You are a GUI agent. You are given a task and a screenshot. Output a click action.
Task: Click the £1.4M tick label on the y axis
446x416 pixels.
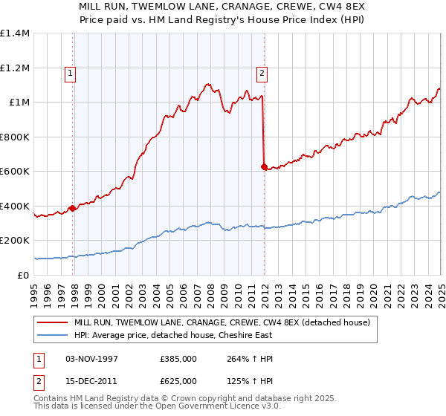pos(15,33)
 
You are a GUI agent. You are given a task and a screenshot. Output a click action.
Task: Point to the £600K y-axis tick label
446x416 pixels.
pos(15,172)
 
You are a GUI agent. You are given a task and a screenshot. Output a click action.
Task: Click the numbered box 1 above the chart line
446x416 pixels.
pos(70,73)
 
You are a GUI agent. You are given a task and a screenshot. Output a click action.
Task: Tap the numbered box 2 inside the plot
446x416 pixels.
pos(262,73)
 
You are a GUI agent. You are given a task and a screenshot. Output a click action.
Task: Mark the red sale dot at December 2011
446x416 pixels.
pos(264,166)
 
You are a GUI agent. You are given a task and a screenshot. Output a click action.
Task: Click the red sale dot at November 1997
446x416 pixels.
pos(72,208)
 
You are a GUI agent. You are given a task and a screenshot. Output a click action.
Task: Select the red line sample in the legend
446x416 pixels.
pos(53,322)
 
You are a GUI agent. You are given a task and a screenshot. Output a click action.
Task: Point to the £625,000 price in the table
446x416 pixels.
pos(178,380)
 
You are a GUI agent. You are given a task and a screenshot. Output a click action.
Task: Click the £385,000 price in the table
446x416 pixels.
pos(178,359)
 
